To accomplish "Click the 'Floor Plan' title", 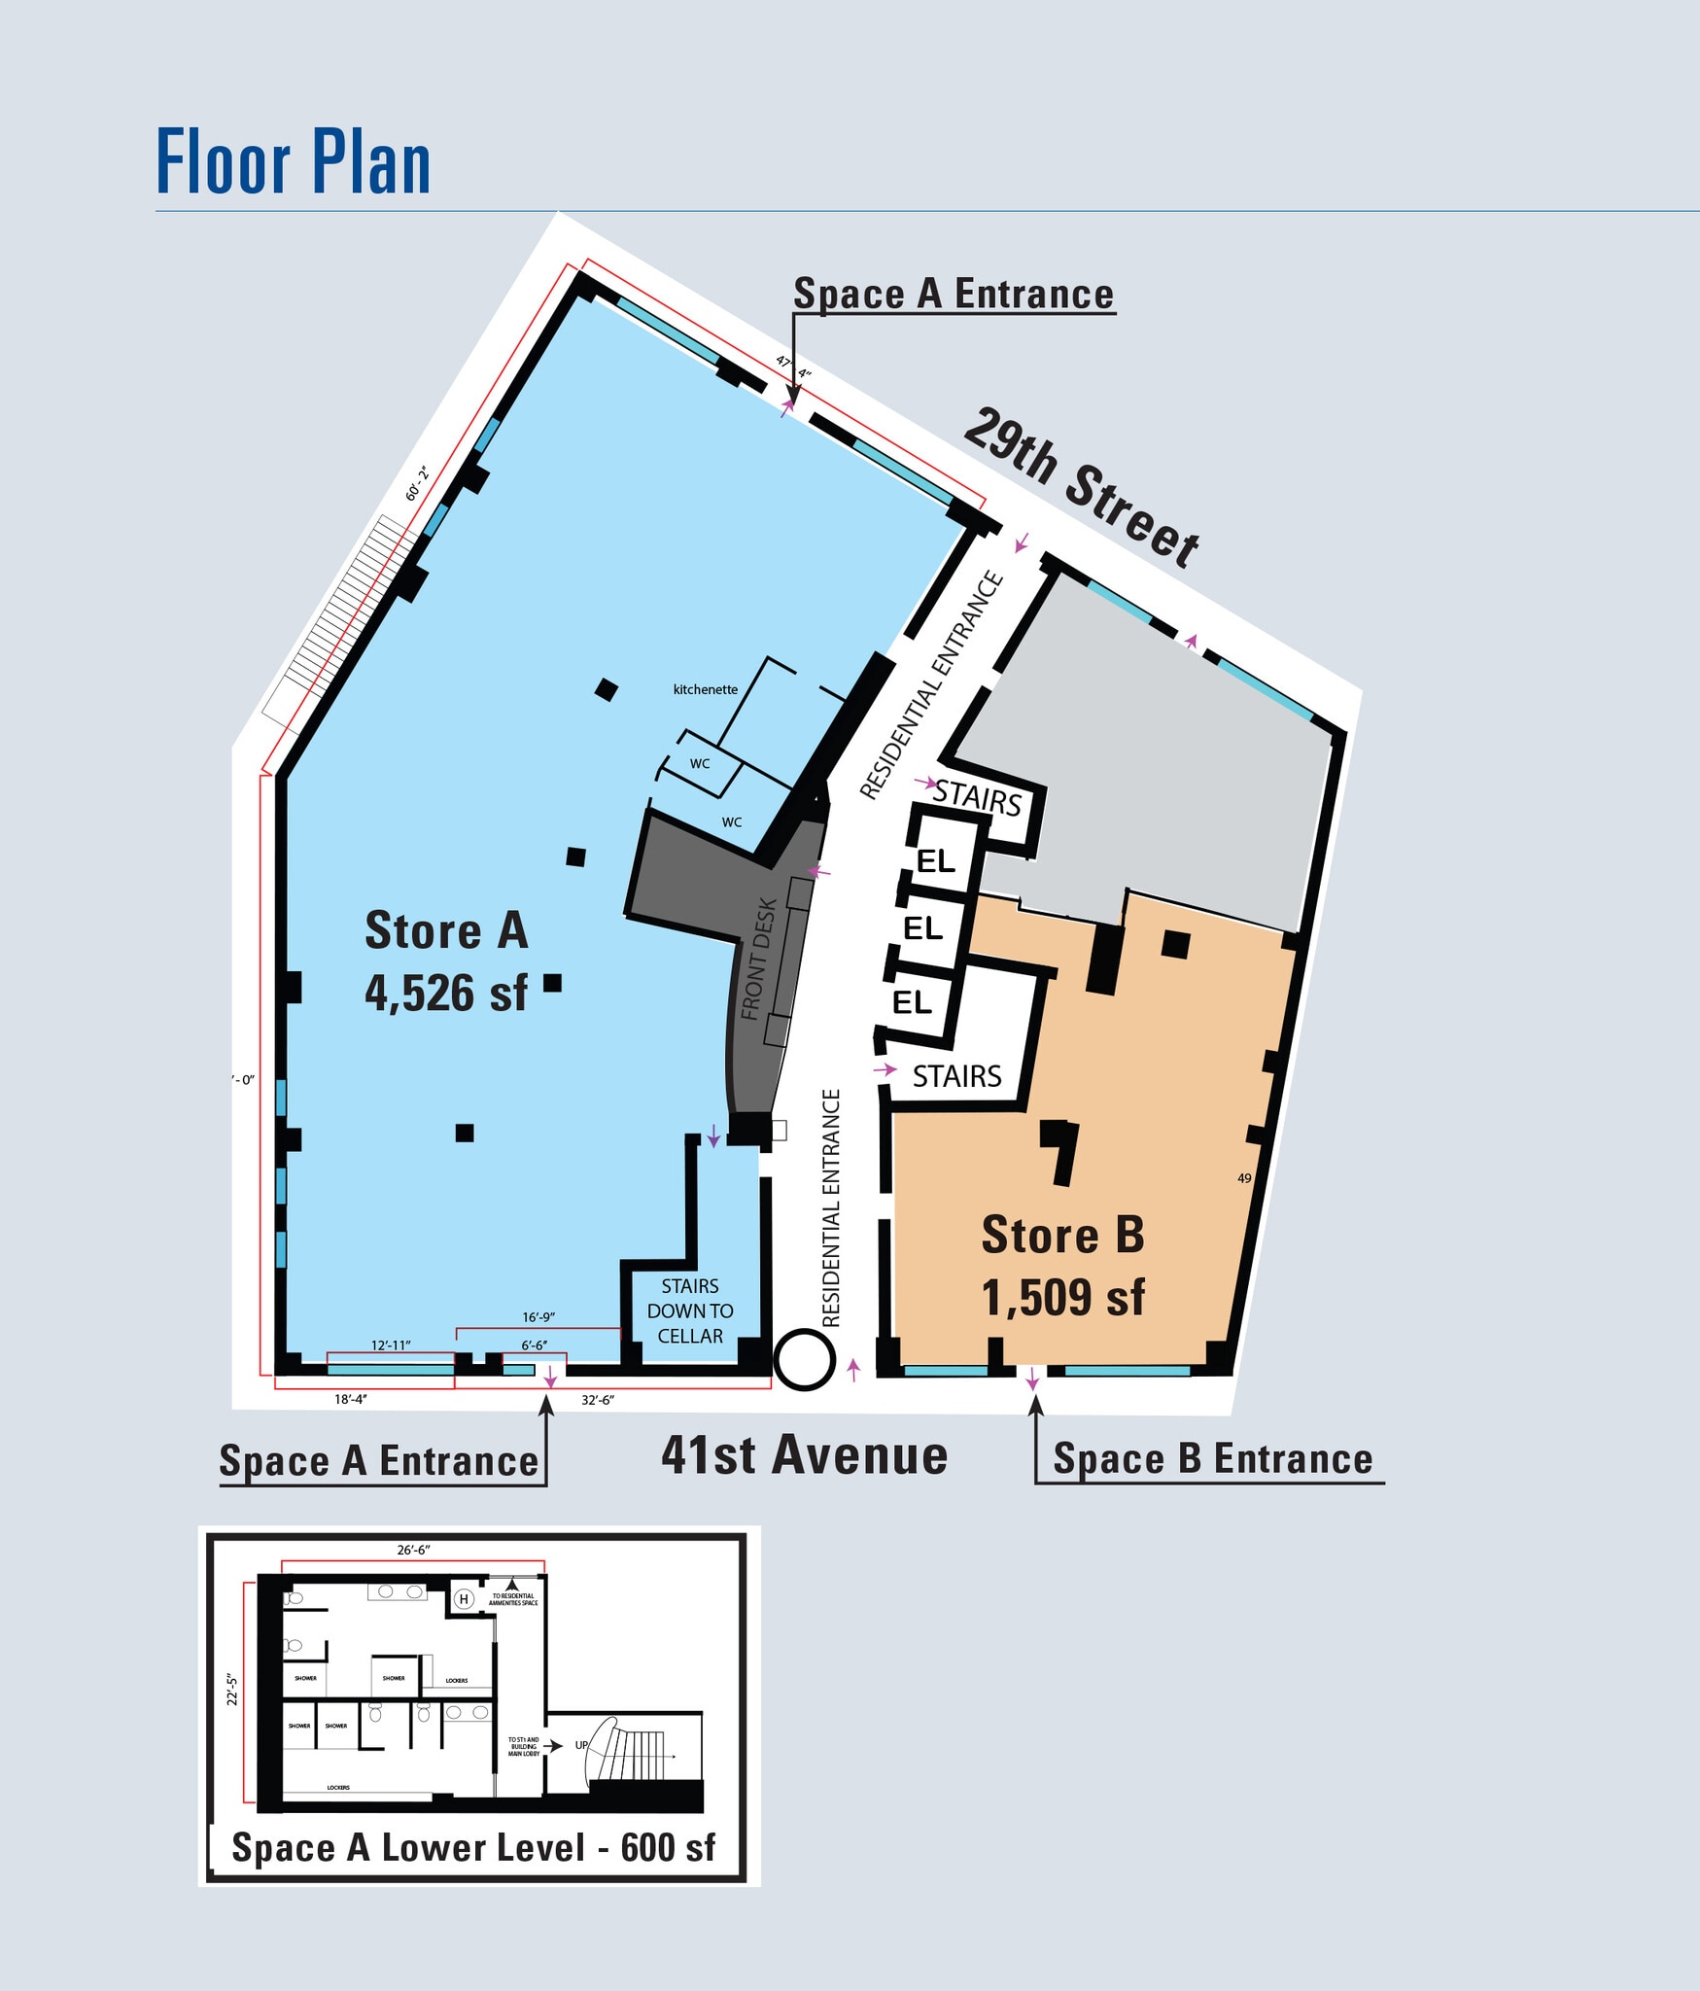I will [x=293, y=162].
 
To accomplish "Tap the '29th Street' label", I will [x=1082, y=487].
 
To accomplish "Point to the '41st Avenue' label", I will [x=804, y=1456].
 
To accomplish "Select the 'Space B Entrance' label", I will [x=1212, y=1459].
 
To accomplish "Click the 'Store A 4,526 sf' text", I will [x=446, y=961].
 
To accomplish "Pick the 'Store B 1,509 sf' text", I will [x=1063, y=1266].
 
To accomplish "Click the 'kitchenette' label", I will [x=705, y=689].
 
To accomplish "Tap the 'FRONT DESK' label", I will [x=759, y=959].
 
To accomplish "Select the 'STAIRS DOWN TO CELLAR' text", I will [x=690, y=1310].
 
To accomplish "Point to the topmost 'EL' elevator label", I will [x=936, y=861].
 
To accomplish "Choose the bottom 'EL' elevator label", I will [x=912, y=1002].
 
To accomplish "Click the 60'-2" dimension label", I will [x=417, y=483].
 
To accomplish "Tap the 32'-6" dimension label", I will [x=598, y=1400].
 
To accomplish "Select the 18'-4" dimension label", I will [x=351, y=1399].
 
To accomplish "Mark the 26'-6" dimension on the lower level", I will [x=413, y=1550].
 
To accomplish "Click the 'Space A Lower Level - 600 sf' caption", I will [x=473, y=1848].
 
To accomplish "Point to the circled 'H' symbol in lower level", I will [x=464, y=1599].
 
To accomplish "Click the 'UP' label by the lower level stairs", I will [x=581, y=1745].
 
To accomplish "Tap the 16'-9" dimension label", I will [x=538, y=1317].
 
